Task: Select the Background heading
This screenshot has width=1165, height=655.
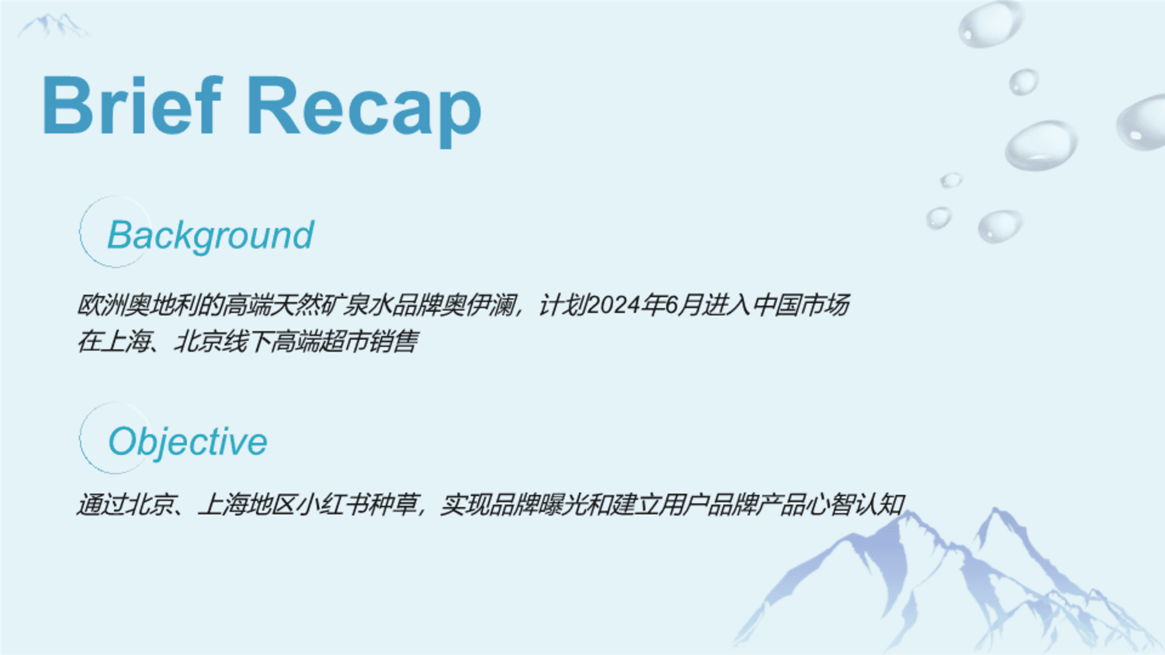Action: (x=211, y=235)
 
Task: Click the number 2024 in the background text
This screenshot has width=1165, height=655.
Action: (x=613, y=305)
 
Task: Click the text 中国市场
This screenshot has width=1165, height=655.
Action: (x=801, y=305)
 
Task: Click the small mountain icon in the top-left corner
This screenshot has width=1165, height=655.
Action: (x=53, y=25)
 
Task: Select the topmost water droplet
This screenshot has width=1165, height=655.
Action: (x=990, y=24)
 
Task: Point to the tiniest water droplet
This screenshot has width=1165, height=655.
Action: (x=951, y=180)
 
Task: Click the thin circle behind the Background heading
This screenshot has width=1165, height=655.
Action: (x=79, y=232)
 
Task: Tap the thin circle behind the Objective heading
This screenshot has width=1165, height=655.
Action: (x=79, y=438)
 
